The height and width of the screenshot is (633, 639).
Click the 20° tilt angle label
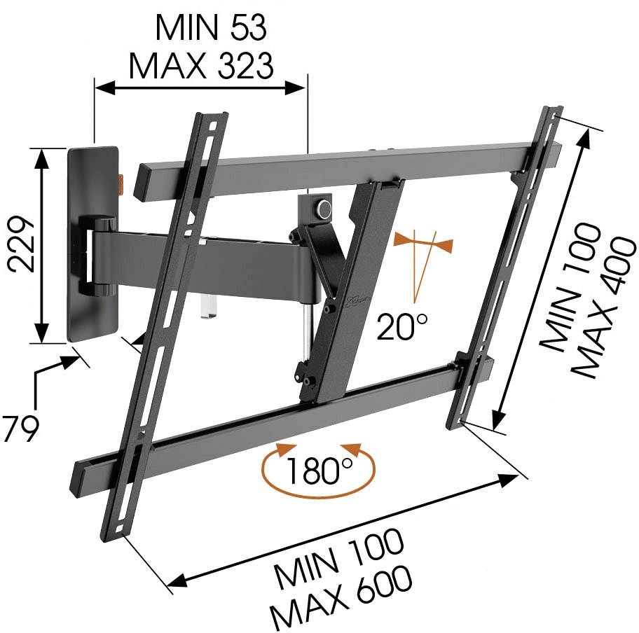[402, 326]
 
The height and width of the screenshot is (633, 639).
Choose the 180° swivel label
[318, 470]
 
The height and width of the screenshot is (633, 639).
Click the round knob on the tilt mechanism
[324, 209]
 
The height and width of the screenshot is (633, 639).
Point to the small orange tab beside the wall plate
[121, 183]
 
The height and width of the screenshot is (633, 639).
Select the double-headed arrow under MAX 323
[200, 88]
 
